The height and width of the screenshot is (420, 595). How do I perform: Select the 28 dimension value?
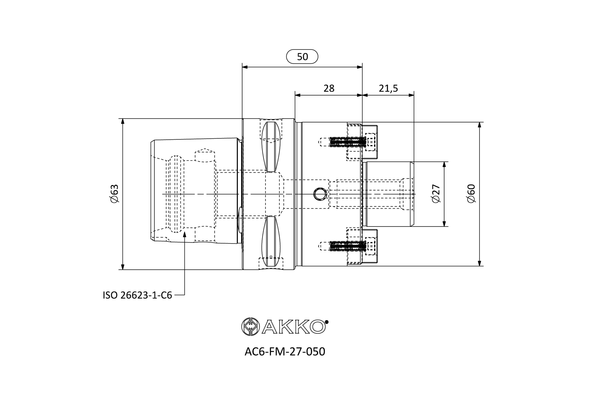(329, 89)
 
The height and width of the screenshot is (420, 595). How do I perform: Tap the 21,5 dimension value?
(388, 89)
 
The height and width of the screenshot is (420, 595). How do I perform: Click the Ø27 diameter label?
(436, 194)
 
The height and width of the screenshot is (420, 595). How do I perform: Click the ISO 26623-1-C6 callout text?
(137, 295)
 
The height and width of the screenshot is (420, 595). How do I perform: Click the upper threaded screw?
(347, 142)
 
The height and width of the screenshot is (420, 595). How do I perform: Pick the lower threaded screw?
(347, 246)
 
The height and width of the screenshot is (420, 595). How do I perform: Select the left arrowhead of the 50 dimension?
(245, 67)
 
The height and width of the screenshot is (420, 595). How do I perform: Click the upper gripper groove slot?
(271, 147)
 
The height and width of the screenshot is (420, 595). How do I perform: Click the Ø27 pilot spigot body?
(387, 194)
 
